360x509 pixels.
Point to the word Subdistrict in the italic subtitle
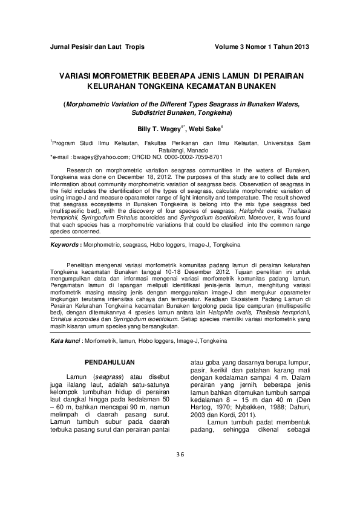(x=152, y=113)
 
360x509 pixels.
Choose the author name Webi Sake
(x=207, y=129)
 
